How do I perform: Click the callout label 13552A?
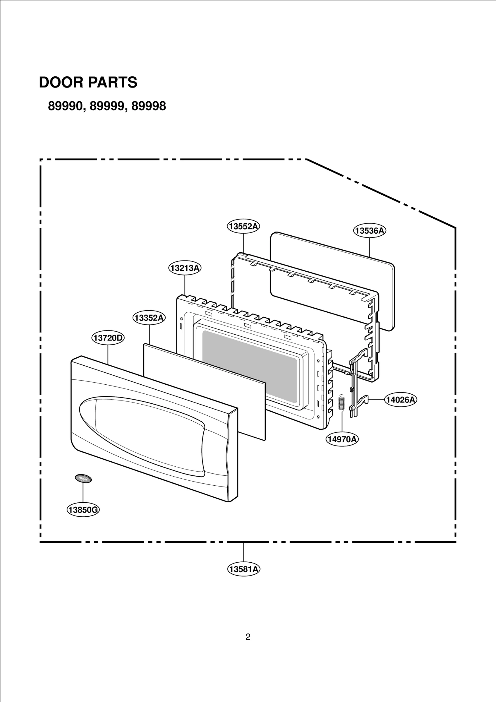[x=243, y=226]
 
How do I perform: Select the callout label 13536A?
[x=370, y=231]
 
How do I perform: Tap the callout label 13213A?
[x=185, y=268]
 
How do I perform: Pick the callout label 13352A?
[x=149, y=318]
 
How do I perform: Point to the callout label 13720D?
[x=108, y=338]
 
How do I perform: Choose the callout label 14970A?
[x=342, y=439]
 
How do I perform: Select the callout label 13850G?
[x=83, y=510]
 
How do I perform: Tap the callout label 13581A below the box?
[x=244, y=569]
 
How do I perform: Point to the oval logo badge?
[x=83, y=478]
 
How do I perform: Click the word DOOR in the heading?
[x=61, y=83]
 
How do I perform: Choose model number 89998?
[x=149, y=106]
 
